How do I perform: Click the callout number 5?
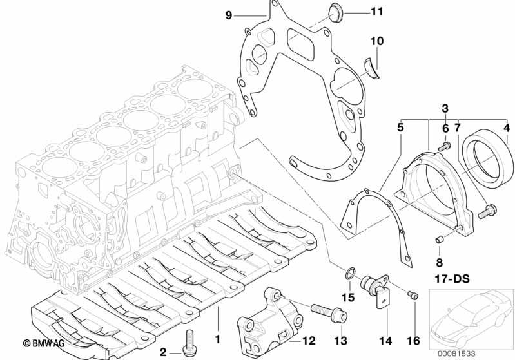[x=400, y=128]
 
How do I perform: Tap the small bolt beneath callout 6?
[x=443, y=147]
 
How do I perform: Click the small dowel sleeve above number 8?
[x=440, y=240]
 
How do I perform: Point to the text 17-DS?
[x=447, y=280]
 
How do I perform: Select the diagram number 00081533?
[x=472, y=354]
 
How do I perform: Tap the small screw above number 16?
[x=413, y=296]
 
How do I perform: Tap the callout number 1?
[x=218, y=338]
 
